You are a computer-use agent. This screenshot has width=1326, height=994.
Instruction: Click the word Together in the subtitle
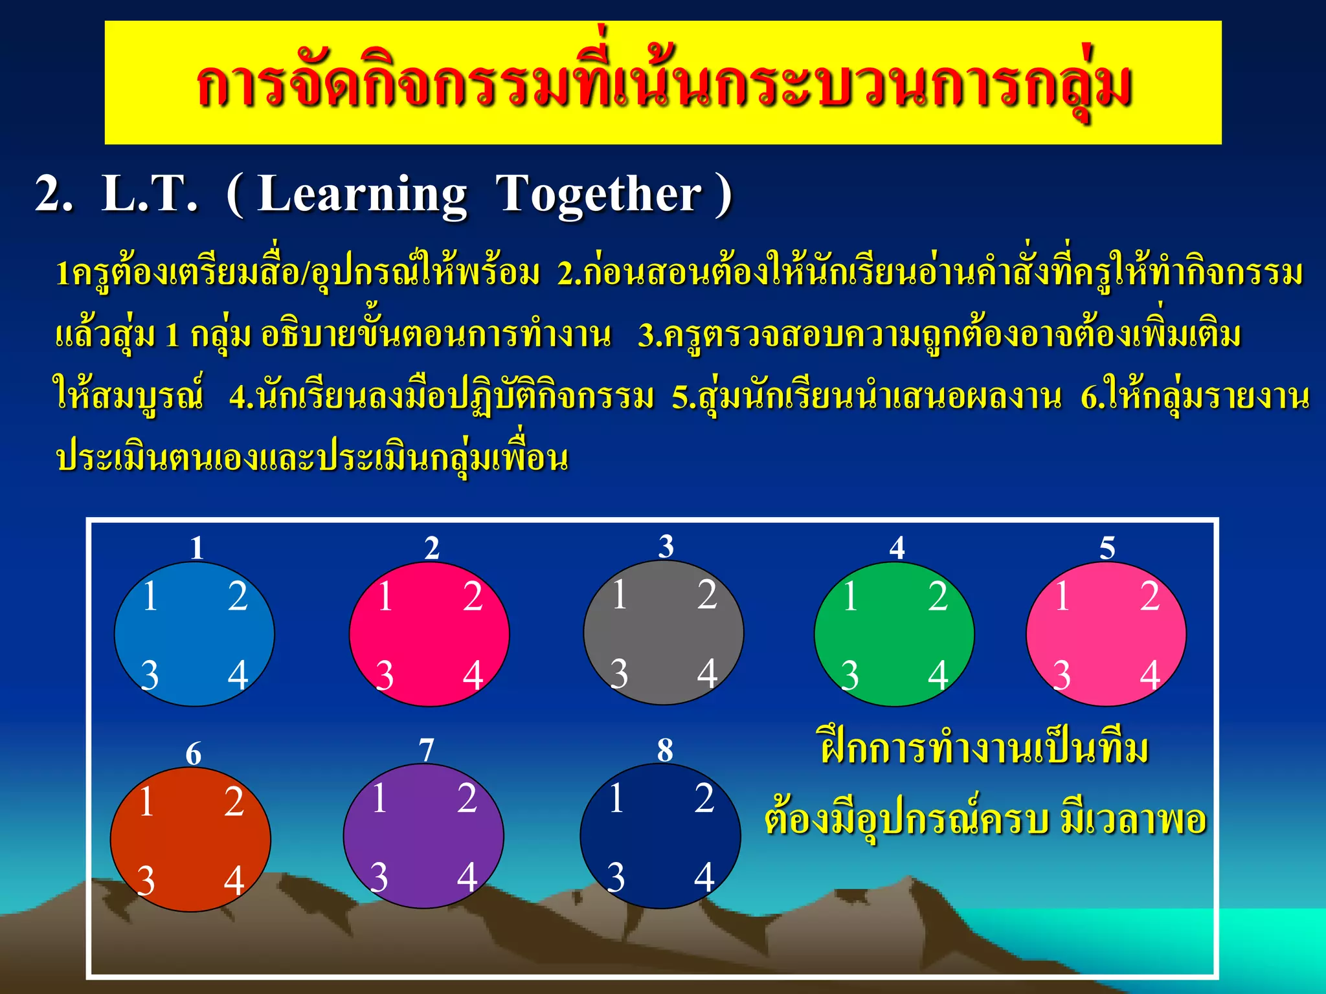point(598,194)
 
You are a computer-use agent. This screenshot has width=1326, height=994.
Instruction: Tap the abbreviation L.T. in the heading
point(149,194)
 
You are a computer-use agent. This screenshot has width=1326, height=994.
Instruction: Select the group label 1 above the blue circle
point(197,548)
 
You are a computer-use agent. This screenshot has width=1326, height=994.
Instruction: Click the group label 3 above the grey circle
point(666,546)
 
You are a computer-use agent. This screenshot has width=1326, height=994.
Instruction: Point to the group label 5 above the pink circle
point(1107,548)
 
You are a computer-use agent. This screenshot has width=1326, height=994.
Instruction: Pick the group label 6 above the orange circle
point(193,754)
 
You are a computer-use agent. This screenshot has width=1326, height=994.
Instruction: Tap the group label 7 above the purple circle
point(426,751)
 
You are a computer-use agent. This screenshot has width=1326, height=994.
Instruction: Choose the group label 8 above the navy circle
point(665,750)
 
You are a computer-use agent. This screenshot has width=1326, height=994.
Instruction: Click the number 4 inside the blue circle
point(238,675)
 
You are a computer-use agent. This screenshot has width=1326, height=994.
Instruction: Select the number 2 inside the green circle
point(938,596)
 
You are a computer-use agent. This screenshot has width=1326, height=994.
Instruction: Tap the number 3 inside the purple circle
point(379,878)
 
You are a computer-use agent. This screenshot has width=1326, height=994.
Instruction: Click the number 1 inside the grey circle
point(620,594)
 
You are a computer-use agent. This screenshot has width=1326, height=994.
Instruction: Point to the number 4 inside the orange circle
point(234,881)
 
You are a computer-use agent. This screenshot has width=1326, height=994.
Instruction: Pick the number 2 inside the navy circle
point(704,798)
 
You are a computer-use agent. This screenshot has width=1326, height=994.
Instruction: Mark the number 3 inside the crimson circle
point(385,675)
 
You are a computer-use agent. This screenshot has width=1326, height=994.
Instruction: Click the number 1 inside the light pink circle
point(1062,596)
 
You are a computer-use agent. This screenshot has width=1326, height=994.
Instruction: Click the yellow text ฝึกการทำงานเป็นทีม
point(984,749)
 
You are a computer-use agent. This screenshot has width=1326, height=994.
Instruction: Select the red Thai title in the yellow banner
point(663,84)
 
